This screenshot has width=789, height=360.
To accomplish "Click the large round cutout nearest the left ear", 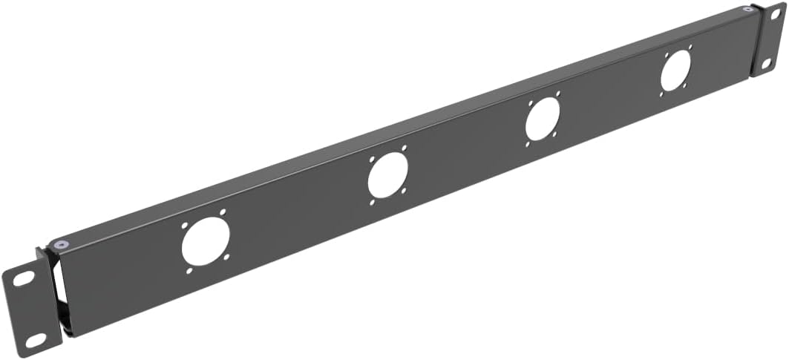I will coord(206,241).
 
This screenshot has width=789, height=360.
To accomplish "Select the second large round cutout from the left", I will coord(387,177).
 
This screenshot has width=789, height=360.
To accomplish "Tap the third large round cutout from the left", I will coord(543,119).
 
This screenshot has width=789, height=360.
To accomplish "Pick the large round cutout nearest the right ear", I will coord(675,72).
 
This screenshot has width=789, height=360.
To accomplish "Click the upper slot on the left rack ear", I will coord(23,278).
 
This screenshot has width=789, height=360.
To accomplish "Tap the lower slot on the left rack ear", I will coord(35,341).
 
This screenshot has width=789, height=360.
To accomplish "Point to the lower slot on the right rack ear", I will coord(766,64).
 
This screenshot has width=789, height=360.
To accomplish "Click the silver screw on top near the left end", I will coord(59,244).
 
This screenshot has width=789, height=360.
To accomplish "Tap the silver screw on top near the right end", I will coord(747,10).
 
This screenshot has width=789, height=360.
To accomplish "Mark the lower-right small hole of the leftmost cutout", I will coord(226,258).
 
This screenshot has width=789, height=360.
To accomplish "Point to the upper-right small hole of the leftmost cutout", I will coord(222,212).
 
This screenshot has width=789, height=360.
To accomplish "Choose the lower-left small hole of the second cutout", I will coord(372,203).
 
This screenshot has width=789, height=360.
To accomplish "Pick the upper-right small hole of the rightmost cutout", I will coord(690,47).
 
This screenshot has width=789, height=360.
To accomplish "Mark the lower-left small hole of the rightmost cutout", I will coord(662,94).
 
